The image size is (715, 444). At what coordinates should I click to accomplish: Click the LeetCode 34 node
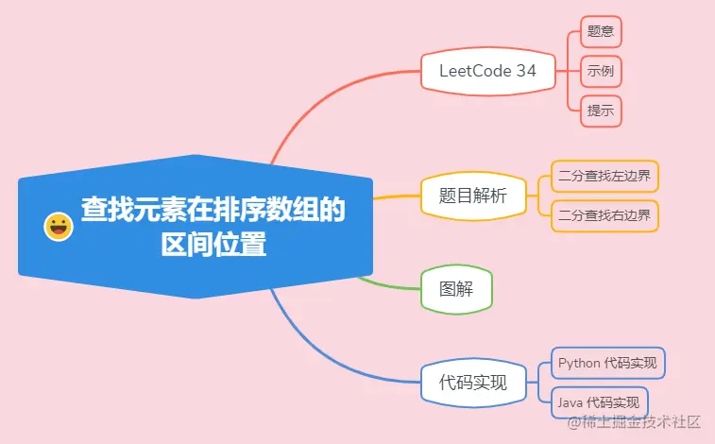(x=487, y=71)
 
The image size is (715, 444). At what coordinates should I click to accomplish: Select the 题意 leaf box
(x=601, y=30)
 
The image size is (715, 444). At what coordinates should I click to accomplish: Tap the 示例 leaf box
(x=601, y=71)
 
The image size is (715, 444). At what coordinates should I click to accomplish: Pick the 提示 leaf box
(x=601, y=111)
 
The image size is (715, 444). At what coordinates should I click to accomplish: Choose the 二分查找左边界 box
(x=604, y=176)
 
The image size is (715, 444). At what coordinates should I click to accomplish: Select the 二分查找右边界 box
(x=604, y=215)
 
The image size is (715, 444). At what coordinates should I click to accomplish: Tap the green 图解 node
(x=456, y=289)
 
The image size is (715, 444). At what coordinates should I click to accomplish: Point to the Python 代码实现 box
(x=608, y=363)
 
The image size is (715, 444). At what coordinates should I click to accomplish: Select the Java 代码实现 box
(x=599, y=402)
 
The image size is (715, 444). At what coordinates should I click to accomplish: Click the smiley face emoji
(x=59, y=227)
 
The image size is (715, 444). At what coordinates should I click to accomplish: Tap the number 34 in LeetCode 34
(x=526, y=71)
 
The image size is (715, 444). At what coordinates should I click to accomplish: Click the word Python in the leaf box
(x=578, y=363)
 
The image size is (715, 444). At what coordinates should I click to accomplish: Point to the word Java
(x=570, y=402)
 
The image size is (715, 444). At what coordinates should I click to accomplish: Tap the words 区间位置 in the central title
(x=213, y=246)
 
